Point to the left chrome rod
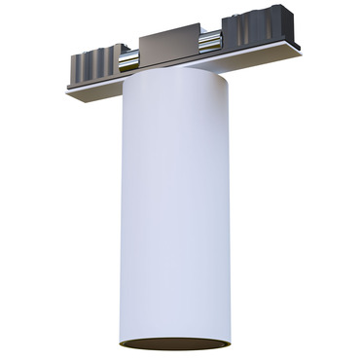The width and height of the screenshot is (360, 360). (x=128, y=61)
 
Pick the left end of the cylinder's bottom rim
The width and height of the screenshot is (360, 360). (x=120, y=342)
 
